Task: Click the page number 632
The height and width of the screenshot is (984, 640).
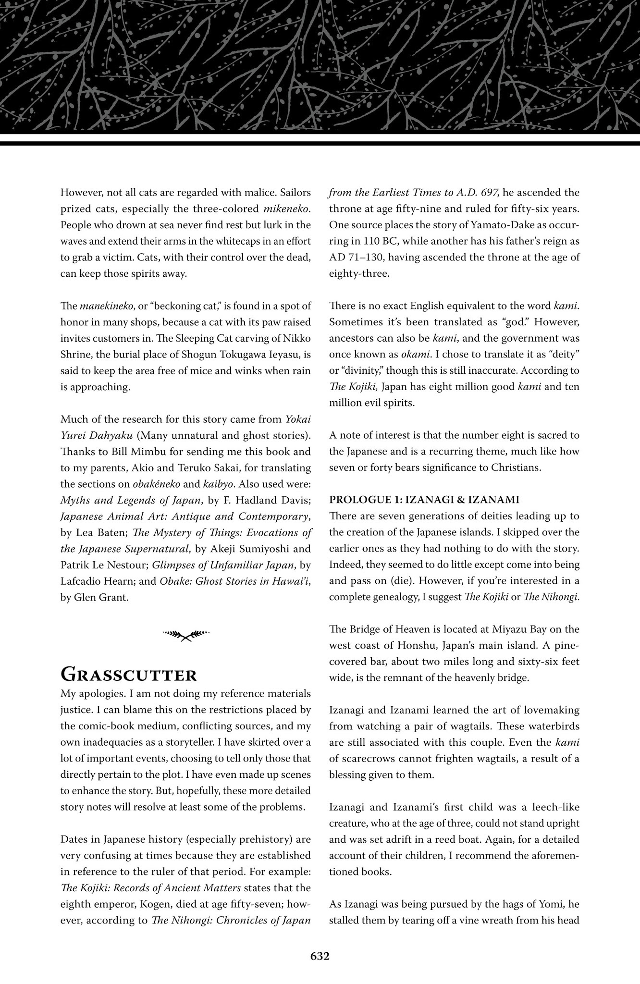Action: [x=320, y=956]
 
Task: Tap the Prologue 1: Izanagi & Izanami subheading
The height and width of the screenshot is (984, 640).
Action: [x=424, y=500]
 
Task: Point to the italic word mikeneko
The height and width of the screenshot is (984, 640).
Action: [x=287, y=209]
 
